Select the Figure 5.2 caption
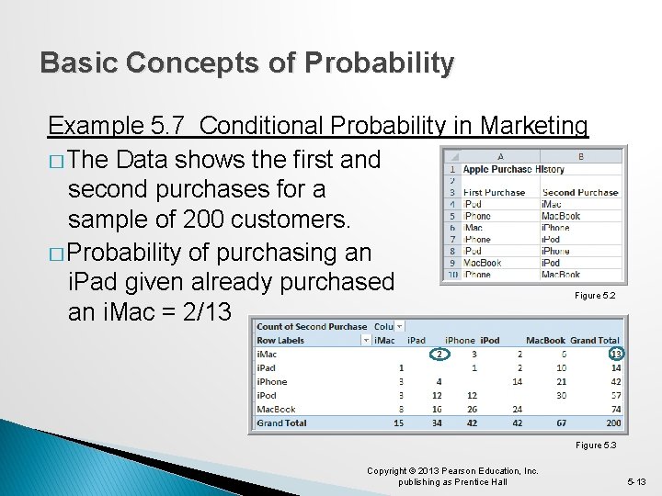595,296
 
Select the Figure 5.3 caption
595,445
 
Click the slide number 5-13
637,481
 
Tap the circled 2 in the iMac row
439,354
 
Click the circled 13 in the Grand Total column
614,354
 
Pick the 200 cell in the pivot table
613,423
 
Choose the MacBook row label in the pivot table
276,410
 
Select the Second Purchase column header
580,193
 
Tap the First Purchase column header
494,193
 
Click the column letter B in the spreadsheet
580,156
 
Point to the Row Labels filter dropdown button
366,340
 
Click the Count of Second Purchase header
312,326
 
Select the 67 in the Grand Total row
560,423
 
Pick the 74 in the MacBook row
614,410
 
